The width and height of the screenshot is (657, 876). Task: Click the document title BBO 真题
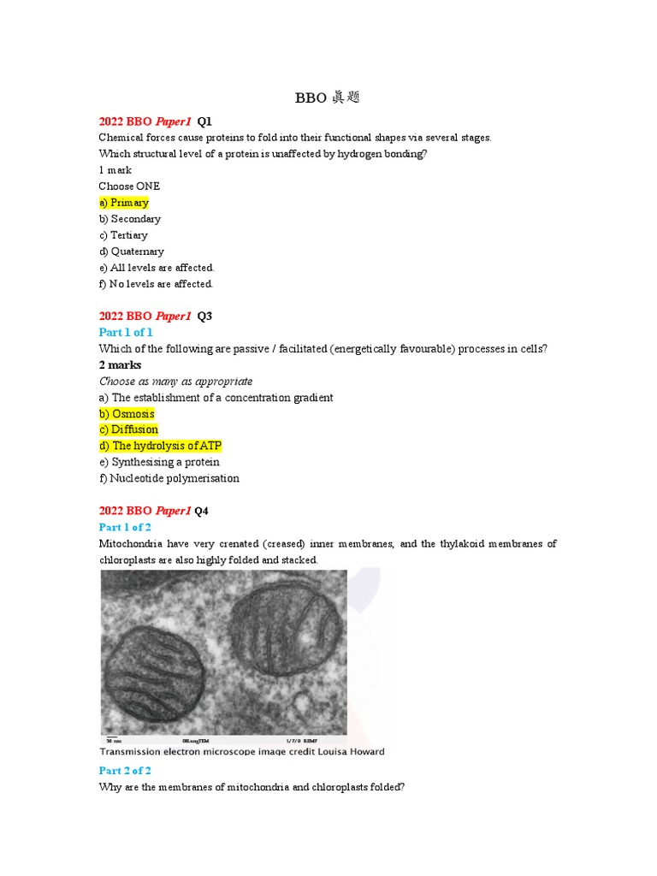click(x=328, y=98)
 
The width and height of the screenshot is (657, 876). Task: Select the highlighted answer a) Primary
click(x=124, y=203)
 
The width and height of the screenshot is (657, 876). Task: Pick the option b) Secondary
click(x=130, y=219)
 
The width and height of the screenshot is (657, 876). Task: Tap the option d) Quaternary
click(x=132, y=252)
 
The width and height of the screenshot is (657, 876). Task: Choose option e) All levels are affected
click(x=157, y=268)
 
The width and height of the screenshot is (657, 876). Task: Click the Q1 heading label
click(x=204, y=121)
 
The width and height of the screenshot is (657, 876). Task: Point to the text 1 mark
click(x=115, y=170)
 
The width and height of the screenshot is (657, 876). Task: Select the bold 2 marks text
click(x=121, y=365)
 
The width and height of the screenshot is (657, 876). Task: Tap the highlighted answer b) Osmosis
click(x=127, y=414)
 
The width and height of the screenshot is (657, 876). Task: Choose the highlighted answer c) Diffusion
click(x=129, y=429)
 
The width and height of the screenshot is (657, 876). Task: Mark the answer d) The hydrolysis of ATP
click(x=161, y=446)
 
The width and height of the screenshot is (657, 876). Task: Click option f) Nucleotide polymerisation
click(x=169, y=478)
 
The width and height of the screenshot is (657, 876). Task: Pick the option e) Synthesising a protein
click(x=159, y=462)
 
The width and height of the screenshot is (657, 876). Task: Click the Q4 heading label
click(x=202, y=511)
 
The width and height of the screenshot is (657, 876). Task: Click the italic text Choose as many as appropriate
click(x=176, y=382)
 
